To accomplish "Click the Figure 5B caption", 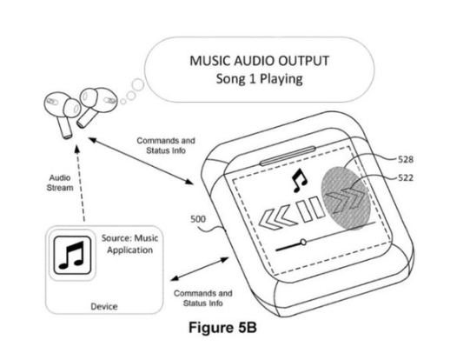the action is coord(222,327).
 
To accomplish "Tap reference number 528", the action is coord(406,159).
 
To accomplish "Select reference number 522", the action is coord(406,178).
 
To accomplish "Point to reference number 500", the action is coord(198,219).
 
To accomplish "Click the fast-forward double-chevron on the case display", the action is coord(346,198).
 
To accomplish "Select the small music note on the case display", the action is coord(299,180).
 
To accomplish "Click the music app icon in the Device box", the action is coord(72,256).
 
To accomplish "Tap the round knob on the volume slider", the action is coord(303,242).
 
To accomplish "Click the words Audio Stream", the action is coord(60,183).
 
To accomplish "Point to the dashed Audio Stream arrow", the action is coord(80,183).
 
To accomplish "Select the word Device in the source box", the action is coord(104,307).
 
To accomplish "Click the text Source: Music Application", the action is coord(129,243).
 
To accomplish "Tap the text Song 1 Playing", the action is coord(259,79).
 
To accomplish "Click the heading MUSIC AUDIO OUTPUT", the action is coord(259,61).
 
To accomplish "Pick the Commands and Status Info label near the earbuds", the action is coord(166,145).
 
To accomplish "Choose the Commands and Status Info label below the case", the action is coord(203,298).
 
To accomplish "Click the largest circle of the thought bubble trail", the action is coord(138,85).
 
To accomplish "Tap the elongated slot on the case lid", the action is coord(288,156).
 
